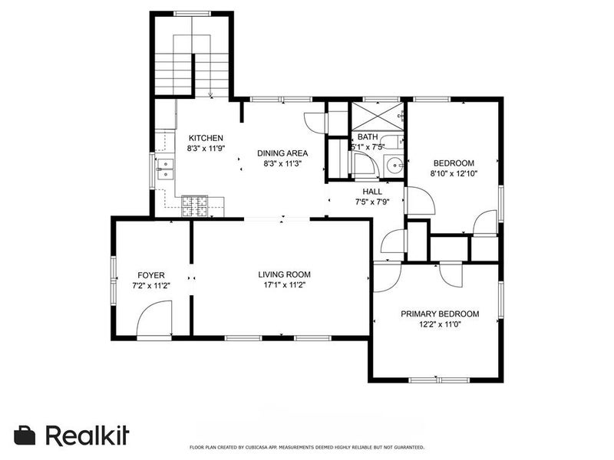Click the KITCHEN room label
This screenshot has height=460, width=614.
[x=206, y=138]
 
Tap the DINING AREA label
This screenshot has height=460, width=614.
[x=282, y=153]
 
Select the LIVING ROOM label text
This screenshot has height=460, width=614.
[x=284, y=274]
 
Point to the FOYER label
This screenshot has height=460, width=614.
[x=151, y=275]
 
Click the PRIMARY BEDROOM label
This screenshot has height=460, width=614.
[x=440, y=314]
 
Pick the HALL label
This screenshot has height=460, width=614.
[x=372, y=192]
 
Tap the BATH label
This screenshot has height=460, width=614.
[x=368, y=137]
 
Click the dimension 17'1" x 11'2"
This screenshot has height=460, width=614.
[x=284, y=285]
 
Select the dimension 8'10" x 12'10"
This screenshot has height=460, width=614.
[x=454, y=174]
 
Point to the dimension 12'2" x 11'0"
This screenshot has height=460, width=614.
[x=440, y=324]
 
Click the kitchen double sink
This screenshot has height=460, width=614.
[x=166, y=169]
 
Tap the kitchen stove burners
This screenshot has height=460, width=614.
[x=194, y=206]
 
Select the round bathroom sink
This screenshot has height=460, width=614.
[x=394, y=166]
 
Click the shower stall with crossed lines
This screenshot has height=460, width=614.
[x=377, y=117]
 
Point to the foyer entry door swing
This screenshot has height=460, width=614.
[x=154, y=317]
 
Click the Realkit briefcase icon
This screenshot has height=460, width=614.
[x=25, y=435]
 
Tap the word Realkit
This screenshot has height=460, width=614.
[x=87, y=435]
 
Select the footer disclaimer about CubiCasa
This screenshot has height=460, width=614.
[x=306, y=447]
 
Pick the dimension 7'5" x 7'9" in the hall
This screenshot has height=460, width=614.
[x=372, y=202]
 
